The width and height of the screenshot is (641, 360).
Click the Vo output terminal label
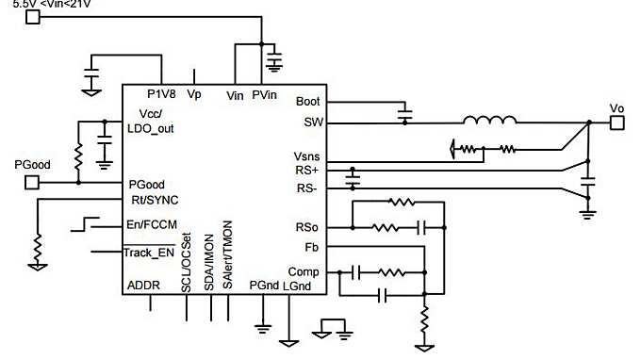coord(617,107)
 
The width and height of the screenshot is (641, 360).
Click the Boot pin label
coord(307,102)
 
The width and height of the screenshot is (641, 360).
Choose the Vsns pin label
coord(307,156)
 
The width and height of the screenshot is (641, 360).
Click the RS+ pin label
coord(308,172)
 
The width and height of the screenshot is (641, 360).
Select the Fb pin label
coord(312,248)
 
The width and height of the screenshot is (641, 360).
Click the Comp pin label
coord(306,271)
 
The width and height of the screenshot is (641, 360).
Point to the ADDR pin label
coord(143,285)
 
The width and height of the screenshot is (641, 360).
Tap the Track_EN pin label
coord(151,253)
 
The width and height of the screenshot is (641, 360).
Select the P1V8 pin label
coord(162,94)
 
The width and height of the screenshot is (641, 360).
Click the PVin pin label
coord(265,94)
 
